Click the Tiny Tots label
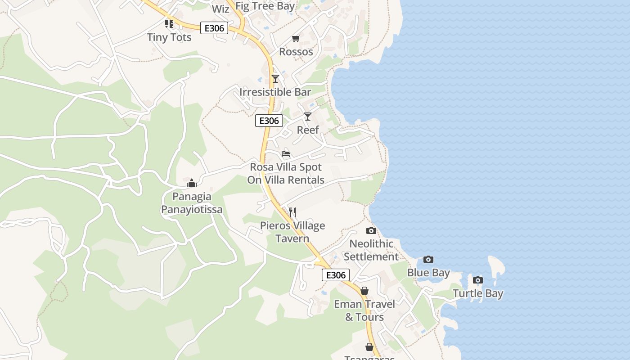(169, 37)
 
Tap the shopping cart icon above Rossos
(296, 39)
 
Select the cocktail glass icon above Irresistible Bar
(275, 79)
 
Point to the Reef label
(308, 130)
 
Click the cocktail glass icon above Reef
(308, 117)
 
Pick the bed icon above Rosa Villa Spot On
(286, 154)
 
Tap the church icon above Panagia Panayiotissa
(192, 183)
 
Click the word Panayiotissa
(192, 210)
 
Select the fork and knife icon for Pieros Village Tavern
(292, 212)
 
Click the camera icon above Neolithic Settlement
(371, 231)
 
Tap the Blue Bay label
(428, 273)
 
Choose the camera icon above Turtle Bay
(478, 280)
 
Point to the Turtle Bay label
(478, 294)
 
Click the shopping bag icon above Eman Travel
(364, 291)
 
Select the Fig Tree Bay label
(265, 6)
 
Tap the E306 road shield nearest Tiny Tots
(214, 28)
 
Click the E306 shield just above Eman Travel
(336, 275)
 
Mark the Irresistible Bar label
(275, 92)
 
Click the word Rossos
(296, 52)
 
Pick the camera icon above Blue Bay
(428, 259)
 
